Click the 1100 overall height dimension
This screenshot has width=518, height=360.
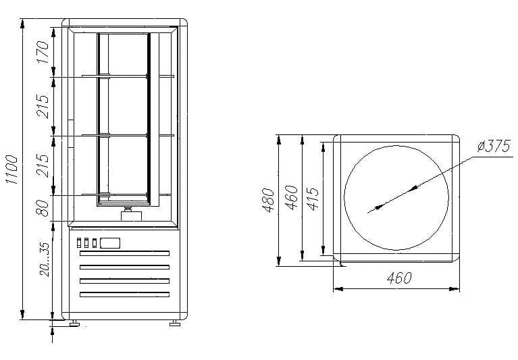point(11,170)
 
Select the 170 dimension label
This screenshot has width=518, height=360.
point(43,52)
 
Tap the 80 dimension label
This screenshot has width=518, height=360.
point(43,207)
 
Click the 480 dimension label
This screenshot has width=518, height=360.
point(269,201)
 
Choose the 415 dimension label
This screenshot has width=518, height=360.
point(312,199)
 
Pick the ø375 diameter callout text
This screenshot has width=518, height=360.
point(492,147)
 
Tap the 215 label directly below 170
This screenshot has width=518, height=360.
point(43,105)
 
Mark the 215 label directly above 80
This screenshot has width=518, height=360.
point(43,165)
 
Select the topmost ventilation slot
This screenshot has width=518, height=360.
point(124,254)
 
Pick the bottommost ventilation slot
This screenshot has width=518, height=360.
point(124,294)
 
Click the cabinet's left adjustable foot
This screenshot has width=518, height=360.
point(71,323)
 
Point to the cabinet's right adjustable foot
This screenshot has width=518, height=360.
point(174,323)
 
